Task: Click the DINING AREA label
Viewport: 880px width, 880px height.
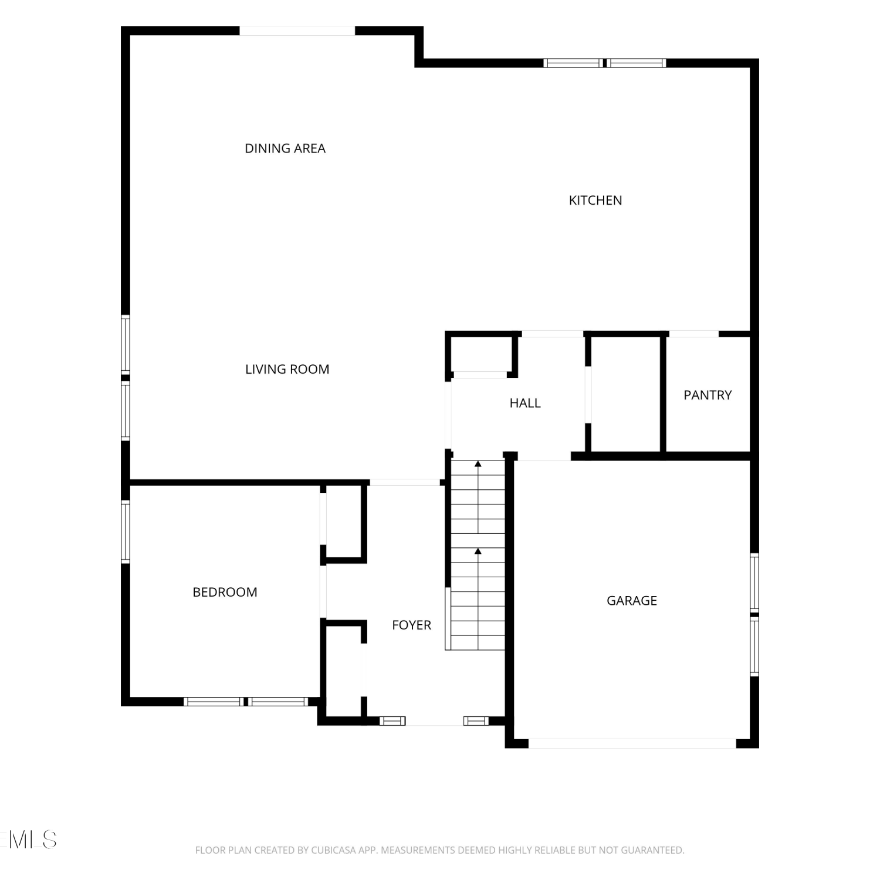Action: click(x=285, y=148)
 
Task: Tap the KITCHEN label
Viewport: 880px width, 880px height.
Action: click(x=595, y=200)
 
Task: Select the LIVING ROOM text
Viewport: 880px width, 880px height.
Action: click(x=287, y=369)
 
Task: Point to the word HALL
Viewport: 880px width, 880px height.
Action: click(x=525, y=403)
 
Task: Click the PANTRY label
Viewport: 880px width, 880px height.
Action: click(x=708, y=395)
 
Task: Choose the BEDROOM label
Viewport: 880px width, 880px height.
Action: click(x=225, y=592)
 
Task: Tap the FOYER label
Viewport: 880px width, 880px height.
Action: click(x=411, y=625)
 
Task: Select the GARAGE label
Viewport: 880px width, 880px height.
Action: click(x=632, y=601)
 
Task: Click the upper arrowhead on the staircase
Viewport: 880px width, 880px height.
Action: click(x=478, y=463)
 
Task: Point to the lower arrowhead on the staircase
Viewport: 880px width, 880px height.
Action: click(x=478, y=551)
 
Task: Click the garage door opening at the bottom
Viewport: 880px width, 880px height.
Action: click(x=632, y=743)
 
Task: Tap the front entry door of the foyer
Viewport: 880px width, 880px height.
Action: click(x=434, y=721)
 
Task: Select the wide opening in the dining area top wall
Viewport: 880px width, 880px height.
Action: click(x=297, y=31)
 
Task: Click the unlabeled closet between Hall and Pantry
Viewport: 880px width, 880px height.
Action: click(x=625, y=394)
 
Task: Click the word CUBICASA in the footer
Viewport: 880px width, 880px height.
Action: click(x=336, y=850)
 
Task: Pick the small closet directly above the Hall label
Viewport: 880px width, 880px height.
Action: click(x=481, y=354)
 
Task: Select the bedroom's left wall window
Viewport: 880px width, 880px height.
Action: click(x=126, y=532)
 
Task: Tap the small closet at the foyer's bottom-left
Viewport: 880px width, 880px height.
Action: click(x=343, y=671)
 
